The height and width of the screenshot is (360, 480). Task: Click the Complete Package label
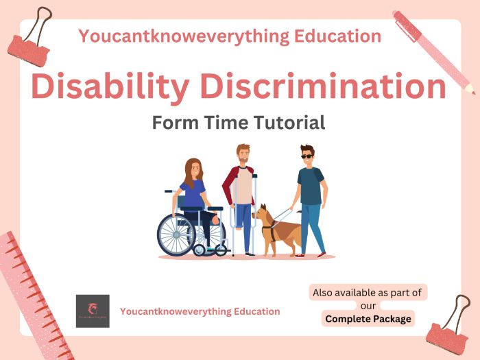tap(368, 319)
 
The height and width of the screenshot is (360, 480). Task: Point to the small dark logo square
tap(93, 311)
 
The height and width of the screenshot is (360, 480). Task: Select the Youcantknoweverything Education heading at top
tap(230, 36)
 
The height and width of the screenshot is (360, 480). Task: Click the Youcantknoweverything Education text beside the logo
tap(200, 311)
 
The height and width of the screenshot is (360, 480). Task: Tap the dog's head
tap(263, 213)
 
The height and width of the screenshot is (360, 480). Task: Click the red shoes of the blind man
tap(310, 255)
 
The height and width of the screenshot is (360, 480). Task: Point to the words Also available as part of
tap(368, 293)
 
